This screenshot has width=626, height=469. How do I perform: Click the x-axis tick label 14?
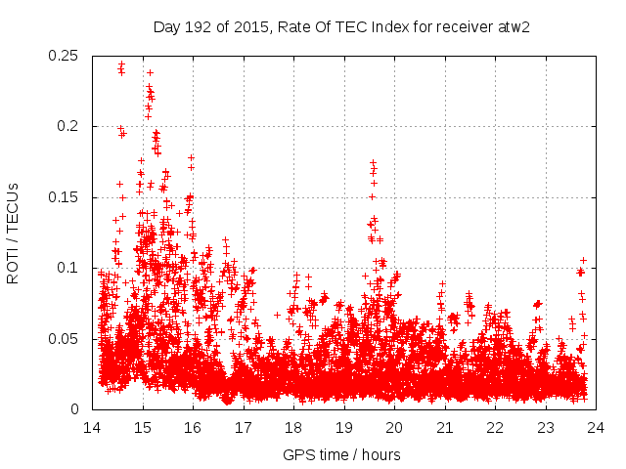click(92, 427)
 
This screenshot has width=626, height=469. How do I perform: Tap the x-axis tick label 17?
click(244, 427)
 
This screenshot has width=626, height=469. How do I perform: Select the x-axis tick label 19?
click(344, 427)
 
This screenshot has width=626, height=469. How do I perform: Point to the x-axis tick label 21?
click(445, 427)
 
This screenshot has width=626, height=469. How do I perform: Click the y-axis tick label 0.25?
click(66, 56)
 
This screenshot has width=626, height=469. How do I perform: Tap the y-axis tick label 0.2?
click(69, 126)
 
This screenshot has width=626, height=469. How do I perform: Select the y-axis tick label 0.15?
click(66, 197)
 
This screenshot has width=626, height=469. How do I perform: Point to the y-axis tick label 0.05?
click(66, 339)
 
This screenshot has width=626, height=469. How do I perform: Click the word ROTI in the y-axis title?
click(13, 265)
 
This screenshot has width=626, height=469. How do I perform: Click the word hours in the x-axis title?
click(381, 454)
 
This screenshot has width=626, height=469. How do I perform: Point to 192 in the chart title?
click(196, 25)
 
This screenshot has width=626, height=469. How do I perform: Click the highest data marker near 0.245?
click(121, 64)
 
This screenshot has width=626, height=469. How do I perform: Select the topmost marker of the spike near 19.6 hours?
click(373, 162)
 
